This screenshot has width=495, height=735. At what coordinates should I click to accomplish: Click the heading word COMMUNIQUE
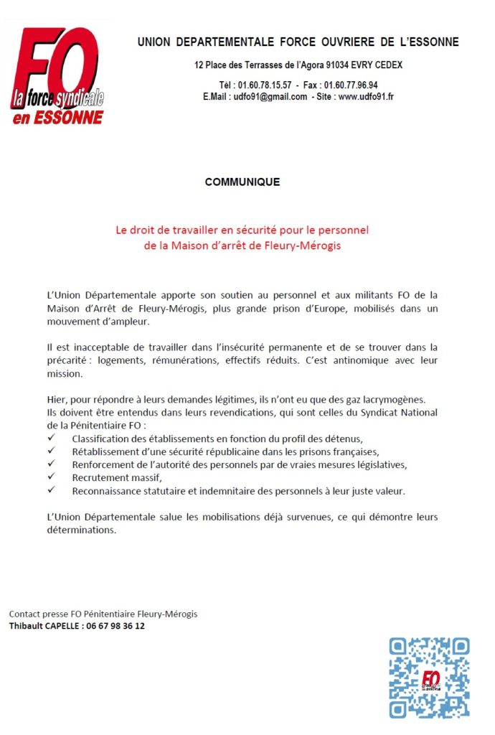tap(242, 182)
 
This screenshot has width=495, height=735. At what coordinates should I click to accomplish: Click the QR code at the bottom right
tap(429, 678)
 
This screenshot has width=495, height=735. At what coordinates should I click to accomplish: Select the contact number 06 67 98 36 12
tap(115, 626)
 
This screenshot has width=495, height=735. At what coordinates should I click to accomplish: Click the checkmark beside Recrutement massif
tap(51, 477)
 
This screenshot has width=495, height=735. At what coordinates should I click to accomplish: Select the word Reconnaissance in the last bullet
tap(105, 491)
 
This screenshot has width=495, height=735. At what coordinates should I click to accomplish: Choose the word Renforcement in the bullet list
tap(103, 464)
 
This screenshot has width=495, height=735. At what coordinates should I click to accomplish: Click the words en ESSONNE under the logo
tap(58, 117)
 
